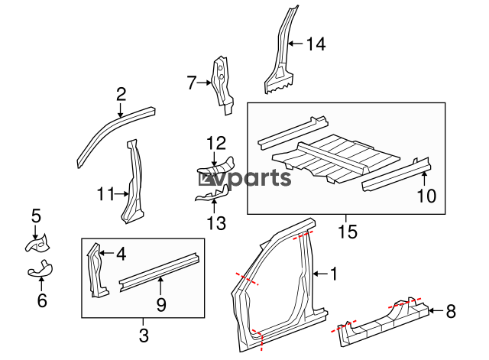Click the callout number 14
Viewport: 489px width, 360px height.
316,44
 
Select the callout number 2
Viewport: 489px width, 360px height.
121,95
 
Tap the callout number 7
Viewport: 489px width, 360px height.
193,82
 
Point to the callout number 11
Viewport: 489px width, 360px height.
105,194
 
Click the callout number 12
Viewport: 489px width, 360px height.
216,142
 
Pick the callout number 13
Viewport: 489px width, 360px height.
217,223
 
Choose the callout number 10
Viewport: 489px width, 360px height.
426,196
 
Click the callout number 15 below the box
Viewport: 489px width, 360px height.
348,231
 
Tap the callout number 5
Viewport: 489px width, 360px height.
35,216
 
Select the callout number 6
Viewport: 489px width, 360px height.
42,300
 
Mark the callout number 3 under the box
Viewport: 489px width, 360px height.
142,333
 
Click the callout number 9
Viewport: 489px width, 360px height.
160,303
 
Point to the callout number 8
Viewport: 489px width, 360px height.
450,311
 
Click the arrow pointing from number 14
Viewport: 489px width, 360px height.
294,44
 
